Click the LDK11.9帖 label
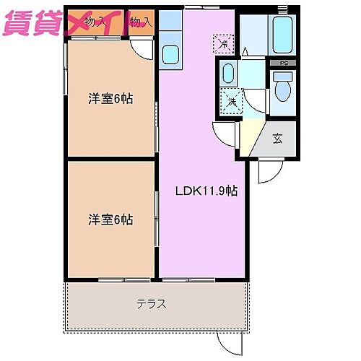pos(207,191)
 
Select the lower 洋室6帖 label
pos(110,219)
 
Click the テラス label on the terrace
pos(152,304)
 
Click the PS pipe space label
pos(283,63)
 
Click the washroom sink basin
pos(228,73)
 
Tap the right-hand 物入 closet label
pos(142,22)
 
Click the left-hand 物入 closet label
pos(96,22)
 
